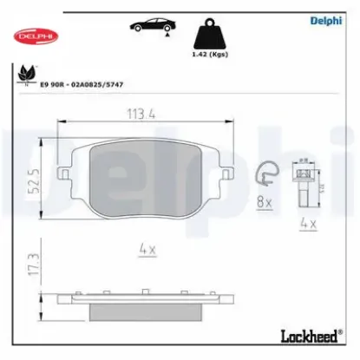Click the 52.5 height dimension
31,185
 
